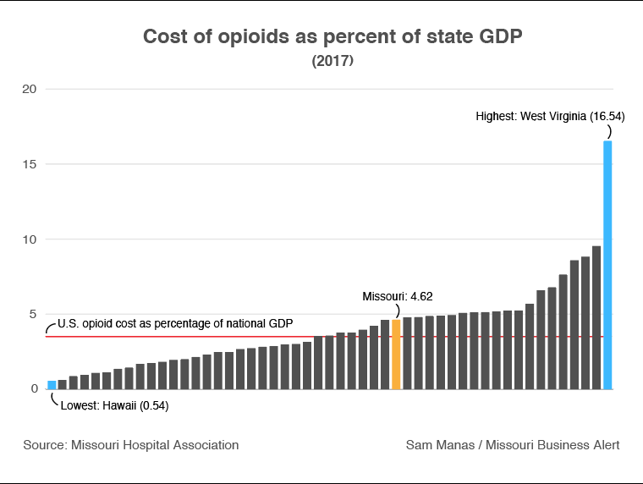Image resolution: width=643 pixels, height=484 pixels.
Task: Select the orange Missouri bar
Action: click(x=396, y=355)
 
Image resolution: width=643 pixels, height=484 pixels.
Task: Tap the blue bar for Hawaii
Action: click(x=52, y=385)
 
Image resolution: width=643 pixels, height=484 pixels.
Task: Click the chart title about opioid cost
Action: click(x=321, y=37)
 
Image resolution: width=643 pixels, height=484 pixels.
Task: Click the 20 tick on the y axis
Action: click(x=29, y=89)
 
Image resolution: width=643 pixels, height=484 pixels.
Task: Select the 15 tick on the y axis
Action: click(x=29, y=164)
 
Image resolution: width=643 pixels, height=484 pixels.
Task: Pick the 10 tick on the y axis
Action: click(x=29, y=239)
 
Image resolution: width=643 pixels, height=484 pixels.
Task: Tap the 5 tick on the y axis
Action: click(x=32, y=314)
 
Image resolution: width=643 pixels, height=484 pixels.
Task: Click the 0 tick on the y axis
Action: click(x=32, y=389)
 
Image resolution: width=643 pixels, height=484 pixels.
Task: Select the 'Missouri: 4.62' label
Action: click(x=398, y=297)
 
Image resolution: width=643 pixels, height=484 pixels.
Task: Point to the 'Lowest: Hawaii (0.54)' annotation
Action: click(x=115, y=405)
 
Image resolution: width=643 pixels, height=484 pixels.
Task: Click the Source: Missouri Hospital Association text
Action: click(x=131, y=444)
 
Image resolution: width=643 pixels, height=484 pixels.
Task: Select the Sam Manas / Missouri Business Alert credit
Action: click(x=513, y=444)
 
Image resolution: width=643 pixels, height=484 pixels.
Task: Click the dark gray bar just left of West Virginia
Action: click(x=596, y=317)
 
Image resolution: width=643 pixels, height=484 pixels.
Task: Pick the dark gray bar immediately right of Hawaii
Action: click(x=63, y=385)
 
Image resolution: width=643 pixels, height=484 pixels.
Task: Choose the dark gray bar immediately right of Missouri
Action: click(x=407, y=353)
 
